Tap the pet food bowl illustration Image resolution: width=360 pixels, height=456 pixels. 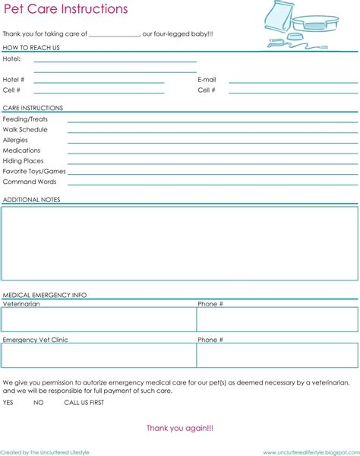[314, 25]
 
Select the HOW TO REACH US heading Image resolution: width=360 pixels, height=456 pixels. [31, 48]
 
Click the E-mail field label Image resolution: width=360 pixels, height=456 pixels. [207, 79]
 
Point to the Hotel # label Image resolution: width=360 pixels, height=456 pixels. [14, 79]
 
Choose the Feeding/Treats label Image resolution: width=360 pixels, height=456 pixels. [26, 119]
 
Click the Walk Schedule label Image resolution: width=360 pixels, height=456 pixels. [25, 130]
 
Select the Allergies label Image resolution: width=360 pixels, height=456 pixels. [15, 140]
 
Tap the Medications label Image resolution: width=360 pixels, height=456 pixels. [21, 150]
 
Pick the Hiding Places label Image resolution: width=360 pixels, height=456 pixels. [23, 161]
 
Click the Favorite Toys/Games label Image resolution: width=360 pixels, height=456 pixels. [34, 171]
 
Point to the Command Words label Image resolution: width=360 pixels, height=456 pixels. [29, 182]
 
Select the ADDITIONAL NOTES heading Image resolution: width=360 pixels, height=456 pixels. [31, 200]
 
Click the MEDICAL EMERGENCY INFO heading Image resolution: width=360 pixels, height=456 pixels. [45, 294]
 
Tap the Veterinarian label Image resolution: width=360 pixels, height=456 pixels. [21, 304]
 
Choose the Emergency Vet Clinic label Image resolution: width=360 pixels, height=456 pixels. [35, 340]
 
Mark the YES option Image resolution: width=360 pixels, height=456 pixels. [8, 402]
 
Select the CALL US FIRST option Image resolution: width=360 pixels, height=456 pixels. [84, 402]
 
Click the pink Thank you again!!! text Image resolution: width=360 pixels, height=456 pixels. [180, 429]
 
